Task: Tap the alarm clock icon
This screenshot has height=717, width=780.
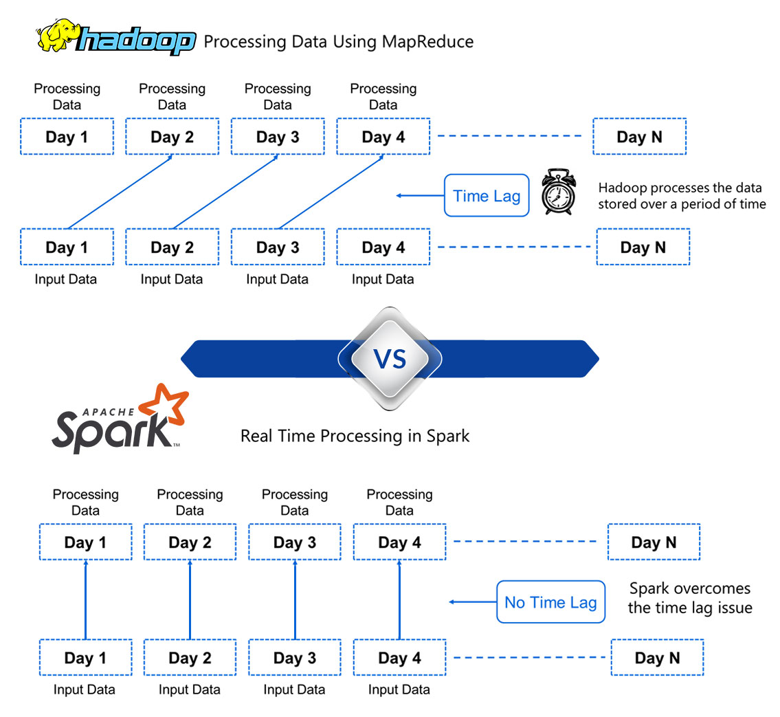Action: pyautogui.click(x=558, y=193)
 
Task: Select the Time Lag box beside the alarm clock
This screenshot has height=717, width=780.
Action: pyautogui.click(x=487, y=196)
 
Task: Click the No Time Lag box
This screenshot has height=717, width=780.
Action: pyautogui.click(x=550, y=602)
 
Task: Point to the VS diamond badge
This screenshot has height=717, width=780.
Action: pyautogui.click(x=390, y=358)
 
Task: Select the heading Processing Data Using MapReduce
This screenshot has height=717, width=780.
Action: pyautogui.click(x=339, y=42)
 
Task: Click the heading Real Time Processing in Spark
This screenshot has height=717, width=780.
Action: pyautogui.click(x=355, y=436)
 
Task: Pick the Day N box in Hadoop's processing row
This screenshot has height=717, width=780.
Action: pyautogui.click(x=639, y=137)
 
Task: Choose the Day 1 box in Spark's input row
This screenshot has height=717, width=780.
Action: pyautogui.click(x=85, y=658)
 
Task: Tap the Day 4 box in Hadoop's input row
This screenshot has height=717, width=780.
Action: pyautogui.click(x=383, y=247)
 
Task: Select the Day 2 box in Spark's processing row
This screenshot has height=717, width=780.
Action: pyautogui.click(x=190, y=542)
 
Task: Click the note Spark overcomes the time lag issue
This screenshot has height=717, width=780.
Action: pyautogui.click(x=690, y=598)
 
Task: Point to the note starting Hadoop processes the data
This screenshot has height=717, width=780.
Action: pyautogui.click(x=681, y=196)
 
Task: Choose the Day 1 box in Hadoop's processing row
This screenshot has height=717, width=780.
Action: pyautogui.click(x=67, y=137)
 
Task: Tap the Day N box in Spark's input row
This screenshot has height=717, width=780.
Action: pyautogui.click(x=657, y=658)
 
